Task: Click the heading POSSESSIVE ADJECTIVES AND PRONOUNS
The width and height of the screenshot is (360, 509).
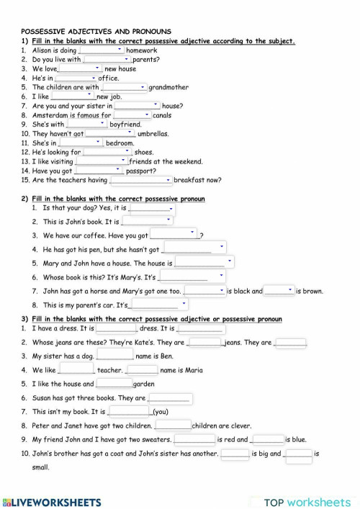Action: coord(96,32)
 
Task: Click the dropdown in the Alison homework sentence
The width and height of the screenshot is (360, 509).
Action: coord(101,51)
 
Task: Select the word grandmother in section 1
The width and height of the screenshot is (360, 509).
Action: coord(168,87)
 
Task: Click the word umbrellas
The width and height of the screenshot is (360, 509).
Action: coord(153,133)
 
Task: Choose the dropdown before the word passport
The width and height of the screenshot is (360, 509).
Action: coord(98,171)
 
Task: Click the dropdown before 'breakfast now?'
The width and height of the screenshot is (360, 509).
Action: coord(140,180)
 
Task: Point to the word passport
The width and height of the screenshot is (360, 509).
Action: coord(140,171)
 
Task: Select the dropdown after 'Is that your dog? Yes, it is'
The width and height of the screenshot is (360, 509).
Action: coord(151,208)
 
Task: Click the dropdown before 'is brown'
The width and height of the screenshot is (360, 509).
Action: coord(279,291)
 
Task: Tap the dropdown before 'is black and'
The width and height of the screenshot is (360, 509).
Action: coord(204,291)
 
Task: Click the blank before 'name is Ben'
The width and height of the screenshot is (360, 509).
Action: coord(115,356)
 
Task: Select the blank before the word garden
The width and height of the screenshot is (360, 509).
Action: coord(114,384)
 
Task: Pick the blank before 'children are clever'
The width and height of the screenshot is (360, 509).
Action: coord(168,425)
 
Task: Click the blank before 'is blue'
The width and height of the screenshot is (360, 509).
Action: coord(268,439)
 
